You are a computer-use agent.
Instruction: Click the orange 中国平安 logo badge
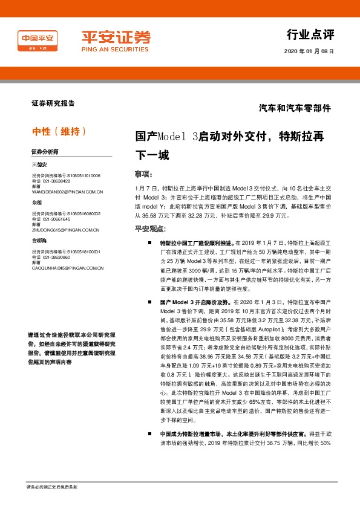pyautogui.click(x=38, y=41)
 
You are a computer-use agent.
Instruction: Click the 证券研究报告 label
pyautogui.click(x=53, y=103)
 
